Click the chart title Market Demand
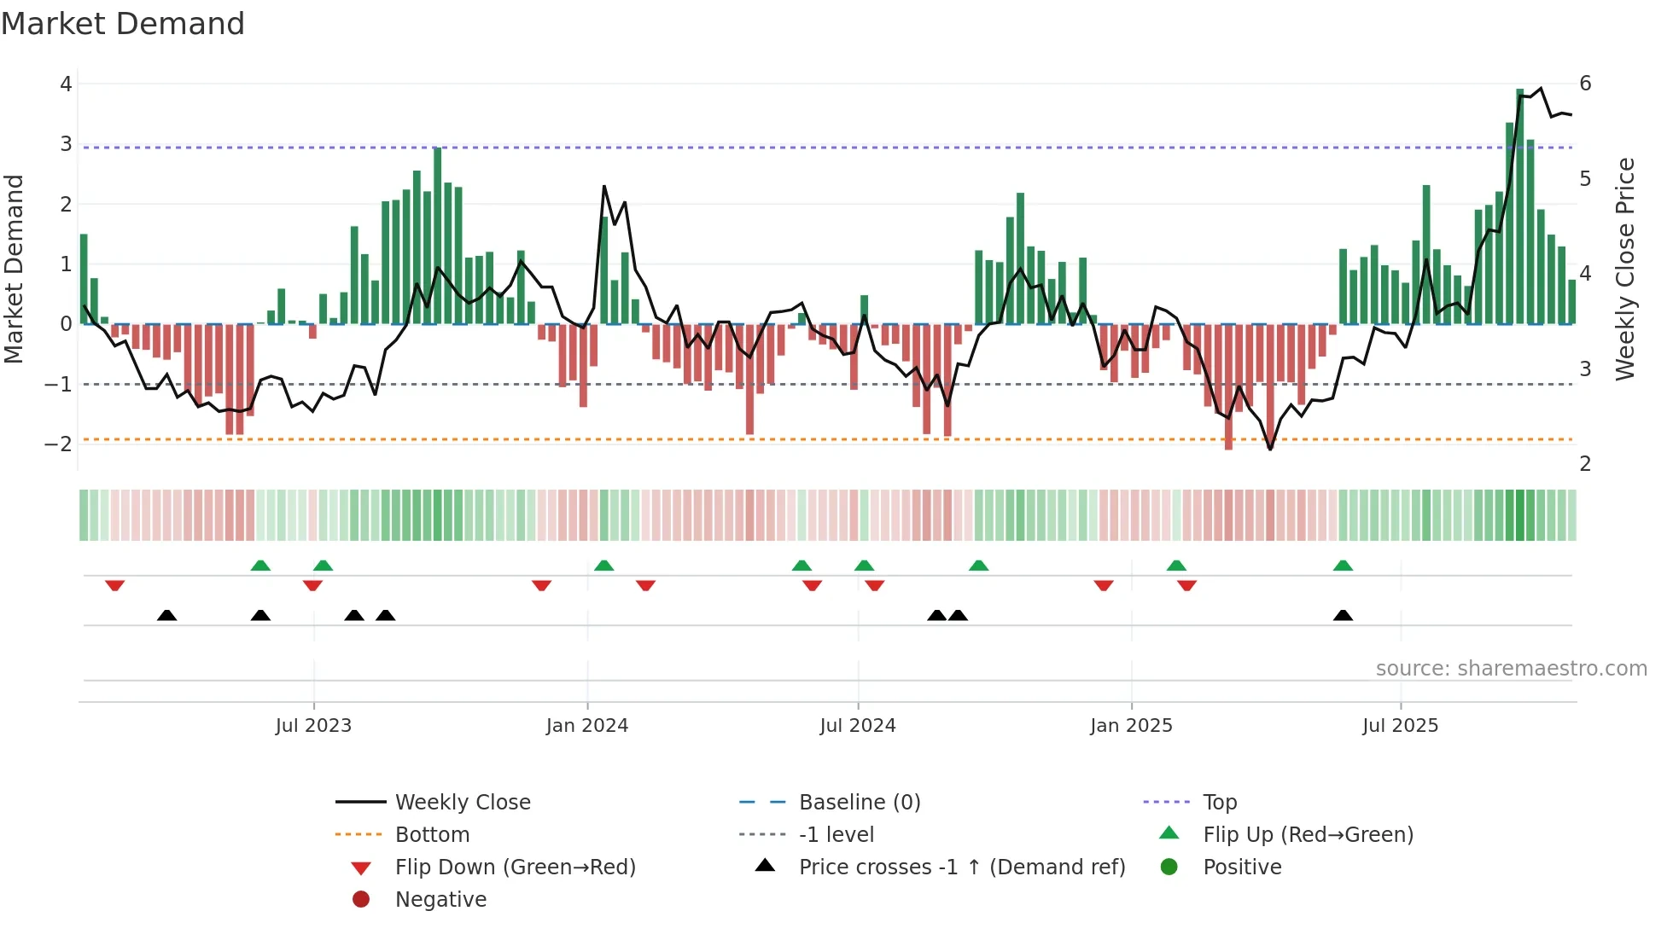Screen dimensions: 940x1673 [x=123, y=24]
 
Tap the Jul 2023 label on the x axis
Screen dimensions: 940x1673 [x=313, y=726]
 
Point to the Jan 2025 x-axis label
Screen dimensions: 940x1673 [x=1131, y=726]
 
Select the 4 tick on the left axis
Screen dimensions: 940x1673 [x=66, y=84]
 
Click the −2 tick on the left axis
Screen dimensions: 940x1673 [x=59, y=444]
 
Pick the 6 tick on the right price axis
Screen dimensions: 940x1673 [x=1585, y=84]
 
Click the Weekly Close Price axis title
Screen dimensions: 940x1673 [x=1625, y=269]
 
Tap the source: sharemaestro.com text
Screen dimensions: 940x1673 [x=1511, y=669]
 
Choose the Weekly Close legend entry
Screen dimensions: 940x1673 [x=462, y=803]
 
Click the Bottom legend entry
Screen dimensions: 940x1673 [x=432, y=835]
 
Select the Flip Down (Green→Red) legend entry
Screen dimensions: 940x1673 [x=515, y=867]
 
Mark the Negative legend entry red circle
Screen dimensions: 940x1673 [x=361, y=900]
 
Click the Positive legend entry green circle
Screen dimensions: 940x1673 [x=1169, y=867]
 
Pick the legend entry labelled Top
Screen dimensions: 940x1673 [x=1219, y=803]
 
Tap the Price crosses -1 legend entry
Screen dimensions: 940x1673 [x=961, y=867]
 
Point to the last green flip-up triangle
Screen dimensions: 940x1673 [x=1343, y=566]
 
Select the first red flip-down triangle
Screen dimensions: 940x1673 [x=115, y=585]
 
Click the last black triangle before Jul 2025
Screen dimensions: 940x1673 [x=1343, y=616]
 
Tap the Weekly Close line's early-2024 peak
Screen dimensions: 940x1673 [x=604, y=186]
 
